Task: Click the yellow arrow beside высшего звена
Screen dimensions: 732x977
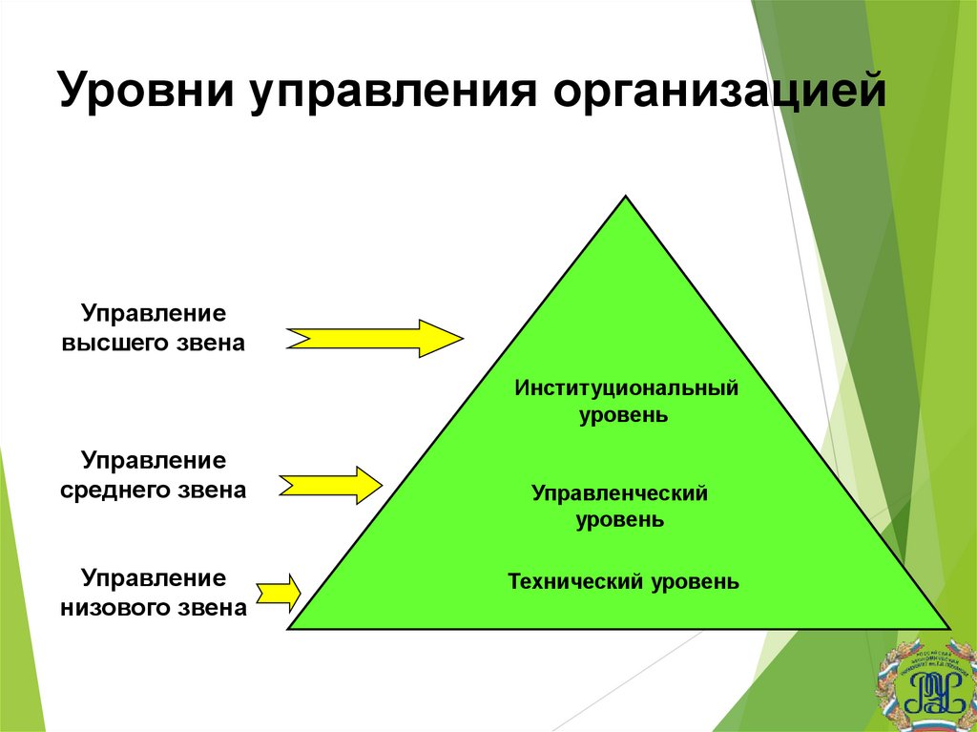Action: pyautogui.click(x=374, y=338)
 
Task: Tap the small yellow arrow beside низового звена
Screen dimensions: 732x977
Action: pyautogui.click(x=278, y=592)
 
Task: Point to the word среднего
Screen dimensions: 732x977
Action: pyautogui.click(x=122, y=491)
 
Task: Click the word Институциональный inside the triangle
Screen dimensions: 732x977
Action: pyautogui.click(x=627, y=388)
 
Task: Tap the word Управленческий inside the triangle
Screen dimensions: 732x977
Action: pyautogui.click(x=619, y=493)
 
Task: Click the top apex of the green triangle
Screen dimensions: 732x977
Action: pyautogui.click(x=626, y=198)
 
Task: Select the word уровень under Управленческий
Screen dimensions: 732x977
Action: pyautogui.click(x=619, y=521)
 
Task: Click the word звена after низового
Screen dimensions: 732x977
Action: pyautogui.click(x=213, y=608)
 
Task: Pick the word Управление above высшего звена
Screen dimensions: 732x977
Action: pyautogui.click(x=154, y=314)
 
